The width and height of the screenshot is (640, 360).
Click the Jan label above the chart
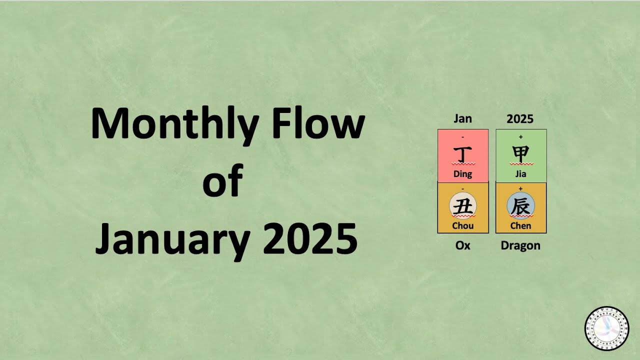click(x=462, y=119)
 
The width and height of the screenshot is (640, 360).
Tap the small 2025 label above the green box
click(x=520, y=119)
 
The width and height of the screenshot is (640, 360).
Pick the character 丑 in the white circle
click(x=463, y=206)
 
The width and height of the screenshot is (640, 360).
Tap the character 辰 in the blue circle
click(x=520, y=206)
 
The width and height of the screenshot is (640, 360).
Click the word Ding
click(x=463, y=174)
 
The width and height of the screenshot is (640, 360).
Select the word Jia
click(x=520, y=174)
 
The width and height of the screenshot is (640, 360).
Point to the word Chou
click(x=463, y=226)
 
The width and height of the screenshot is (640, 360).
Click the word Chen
click(x=520, y=226)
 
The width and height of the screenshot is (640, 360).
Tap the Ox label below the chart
click(x=463, y=246)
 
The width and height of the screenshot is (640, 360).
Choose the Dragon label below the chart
click(x=520, y=246)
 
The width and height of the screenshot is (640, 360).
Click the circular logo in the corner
click(x=607, y=328)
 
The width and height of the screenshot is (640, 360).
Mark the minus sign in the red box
click(x=463, y=136)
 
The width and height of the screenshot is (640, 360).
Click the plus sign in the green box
click(x=520, y=136)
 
